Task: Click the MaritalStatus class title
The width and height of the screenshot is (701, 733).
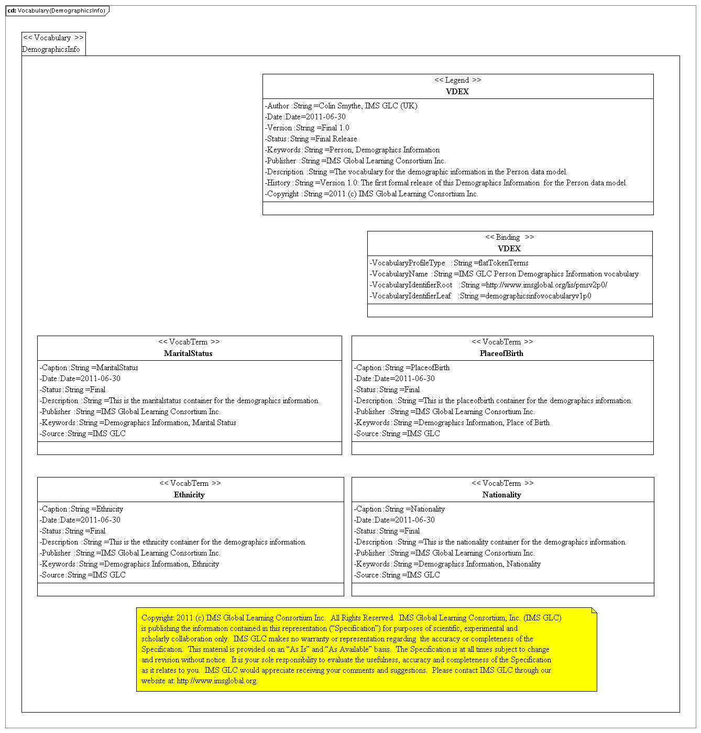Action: coord(188,353)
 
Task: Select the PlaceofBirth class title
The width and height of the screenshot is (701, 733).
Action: coord(501,353)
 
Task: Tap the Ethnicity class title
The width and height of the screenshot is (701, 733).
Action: coord(189,495)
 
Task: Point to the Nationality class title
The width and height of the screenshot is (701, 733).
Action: coord(501,495)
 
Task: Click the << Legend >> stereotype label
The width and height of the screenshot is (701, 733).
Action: coord(457,80)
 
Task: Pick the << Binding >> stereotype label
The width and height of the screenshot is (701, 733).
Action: coord(509,237)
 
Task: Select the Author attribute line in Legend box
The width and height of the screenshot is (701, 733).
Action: coord(341,106)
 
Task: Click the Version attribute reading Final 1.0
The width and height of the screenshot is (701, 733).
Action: coord(307,128)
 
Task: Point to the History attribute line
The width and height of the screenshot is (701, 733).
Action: coord(446,183)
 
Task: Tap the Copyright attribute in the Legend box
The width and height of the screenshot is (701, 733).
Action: coord(371,194)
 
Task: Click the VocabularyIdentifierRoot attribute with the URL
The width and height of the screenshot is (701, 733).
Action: coord(488,285)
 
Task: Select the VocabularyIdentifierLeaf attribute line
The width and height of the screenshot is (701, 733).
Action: coord(480,296)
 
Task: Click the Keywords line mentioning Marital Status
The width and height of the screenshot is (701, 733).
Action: coord(138,423)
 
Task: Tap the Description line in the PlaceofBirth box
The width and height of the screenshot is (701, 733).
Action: coord(493,401)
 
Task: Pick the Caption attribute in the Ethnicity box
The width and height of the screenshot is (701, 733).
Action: coord(82,509)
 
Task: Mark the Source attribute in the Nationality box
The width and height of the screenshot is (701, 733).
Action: coord(397,575)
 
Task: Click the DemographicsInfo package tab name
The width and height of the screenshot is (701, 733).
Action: coord(51,49)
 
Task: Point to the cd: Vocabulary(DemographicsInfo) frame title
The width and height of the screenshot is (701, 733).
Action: coord(56,10)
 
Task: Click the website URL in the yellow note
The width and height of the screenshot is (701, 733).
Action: coord(216,681)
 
